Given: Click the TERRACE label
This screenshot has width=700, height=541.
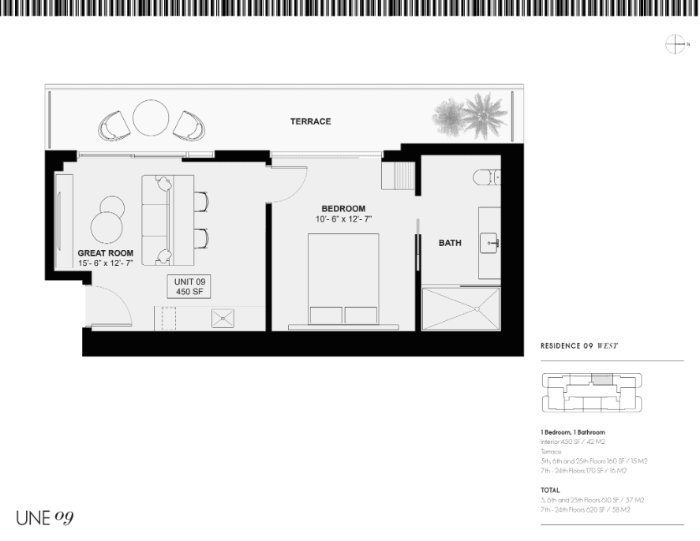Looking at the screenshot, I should tap(310, 121).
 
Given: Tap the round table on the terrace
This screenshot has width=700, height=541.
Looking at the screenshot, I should tap(151, 118).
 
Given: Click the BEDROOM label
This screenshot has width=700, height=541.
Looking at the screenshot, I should tap(343, 209).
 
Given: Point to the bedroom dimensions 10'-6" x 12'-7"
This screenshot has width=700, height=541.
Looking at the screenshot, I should tap(343, 219).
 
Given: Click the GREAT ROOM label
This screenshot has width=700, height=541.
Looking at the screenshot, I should tap(100, 253).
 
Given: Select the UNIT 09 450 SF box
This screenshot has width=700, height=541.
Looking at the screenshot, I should tap(189, 287).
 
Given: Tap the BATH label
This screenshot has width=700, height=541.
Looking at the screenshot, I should tap(450, 243).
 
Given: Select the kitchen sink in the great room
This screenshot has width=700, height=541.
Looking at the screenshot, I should tap(223, 318).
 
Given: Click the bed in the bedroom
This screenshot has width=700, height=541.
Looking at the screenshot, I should tap(343, 280).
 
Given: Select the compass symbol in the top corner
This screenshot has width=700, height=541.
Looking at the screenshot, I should tap(676, 45).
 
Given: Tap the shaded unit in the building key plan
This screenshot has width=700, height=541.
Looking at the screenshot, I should tap(602, 379).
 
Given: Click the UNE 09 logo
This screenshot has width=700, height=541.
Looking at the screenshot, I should tap(45, 517).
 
